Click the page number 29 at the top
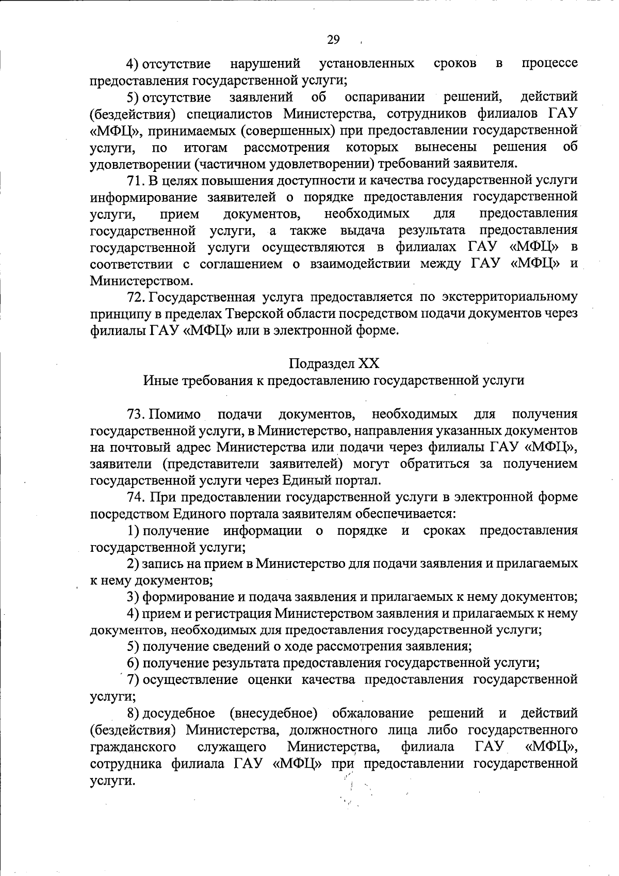[334, 40]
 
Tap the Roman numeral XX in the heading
[368, 363]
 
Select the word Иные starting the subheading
[158, 380]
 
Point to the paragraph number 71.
[137, 180]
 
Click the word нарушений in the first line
[265, 64]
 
